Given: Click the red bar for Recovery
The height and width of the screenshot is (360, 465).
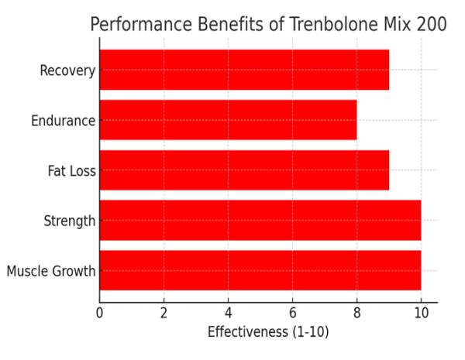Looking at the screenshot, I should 244,70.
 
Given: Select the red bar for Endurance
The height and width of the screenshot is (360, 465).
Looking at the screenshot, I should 228,120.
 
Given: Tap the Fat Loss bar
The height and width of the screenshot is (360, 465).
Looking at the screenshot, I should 244,170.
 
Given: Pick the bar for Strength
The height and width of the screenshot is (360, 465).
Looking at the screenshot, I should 260,221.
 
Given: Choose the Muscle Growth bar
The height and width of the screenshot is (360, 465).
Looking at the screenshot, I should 260,271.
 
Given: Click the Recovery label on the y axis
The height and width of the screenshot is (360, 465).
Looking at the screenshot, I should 67,71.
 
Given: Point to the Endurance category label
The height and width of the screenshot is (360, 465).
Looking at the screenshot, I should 63,121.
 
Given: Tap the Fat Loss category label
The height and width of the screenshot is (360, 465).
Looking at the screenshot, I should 71,171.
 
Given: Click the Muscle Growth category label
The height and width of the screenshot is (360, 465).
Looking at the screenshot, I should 51,272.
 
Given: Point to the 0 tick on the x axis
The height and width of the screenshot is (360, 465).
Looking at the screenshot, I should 99,314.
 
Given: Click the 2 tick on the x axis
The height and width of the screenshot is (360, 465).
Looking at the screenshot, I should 164,314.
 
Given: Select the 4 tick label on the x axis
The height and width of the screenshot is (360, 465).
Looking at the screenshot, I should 228,314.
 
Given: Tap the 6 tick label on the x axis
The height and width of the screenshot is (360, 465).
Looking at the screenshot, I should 292,314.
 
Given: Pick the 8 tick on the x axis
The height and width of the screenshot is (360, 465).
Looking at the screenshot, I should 356,314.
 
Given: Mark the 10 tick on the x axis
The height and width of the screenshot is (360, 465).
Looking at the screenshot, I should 421,314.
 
